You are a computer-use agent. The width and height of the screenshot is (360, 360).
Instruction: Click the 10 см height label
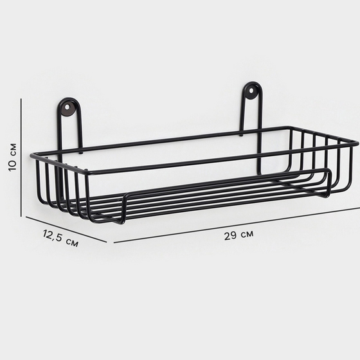click(13, 157)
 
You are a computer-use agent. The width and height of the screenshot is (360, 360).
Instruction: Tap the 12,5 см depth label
click(60, 239)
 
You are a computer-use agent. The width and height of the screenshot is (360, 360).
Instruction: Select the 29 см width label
click(239, 235)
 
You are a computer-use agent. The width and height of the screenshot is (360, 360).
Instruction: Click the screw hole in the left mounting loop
click(67, 107)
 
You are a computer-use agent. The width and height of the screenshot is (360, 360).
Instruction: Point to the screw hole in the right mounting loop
click(251, 91)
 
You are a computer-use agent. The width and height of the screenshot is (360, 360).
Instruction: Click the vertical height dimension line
click(21, 157)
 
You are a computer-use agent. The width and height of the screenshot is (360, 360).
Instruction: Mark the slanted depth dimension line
click(66, 230)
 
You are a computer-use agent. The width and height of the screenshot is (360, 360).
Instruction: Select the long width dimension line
click(237, 225)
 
